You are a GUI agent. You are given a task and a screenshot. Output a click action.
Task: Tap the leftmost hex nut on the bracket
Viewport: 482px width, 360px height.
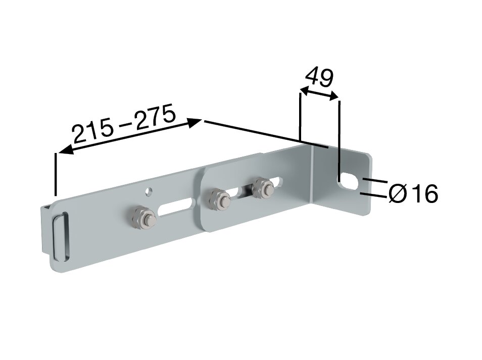tap(143, 218)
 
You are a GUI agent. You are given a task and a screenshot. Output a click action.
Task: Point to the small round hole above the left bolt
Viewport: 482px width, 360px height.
tap(148, 191)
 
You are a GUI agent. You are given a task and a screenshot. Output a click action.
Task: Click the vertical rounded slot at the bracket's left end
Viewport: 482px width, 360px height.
tap(60, 237)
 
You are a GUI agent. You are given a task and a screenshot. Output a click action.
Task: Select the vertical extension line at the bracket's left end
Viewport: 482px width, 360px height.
tap(55, 174)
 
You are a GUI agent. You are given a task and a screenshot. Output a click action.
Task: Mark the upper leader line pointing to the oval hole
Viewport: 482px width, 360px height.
tap(374, 180)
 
